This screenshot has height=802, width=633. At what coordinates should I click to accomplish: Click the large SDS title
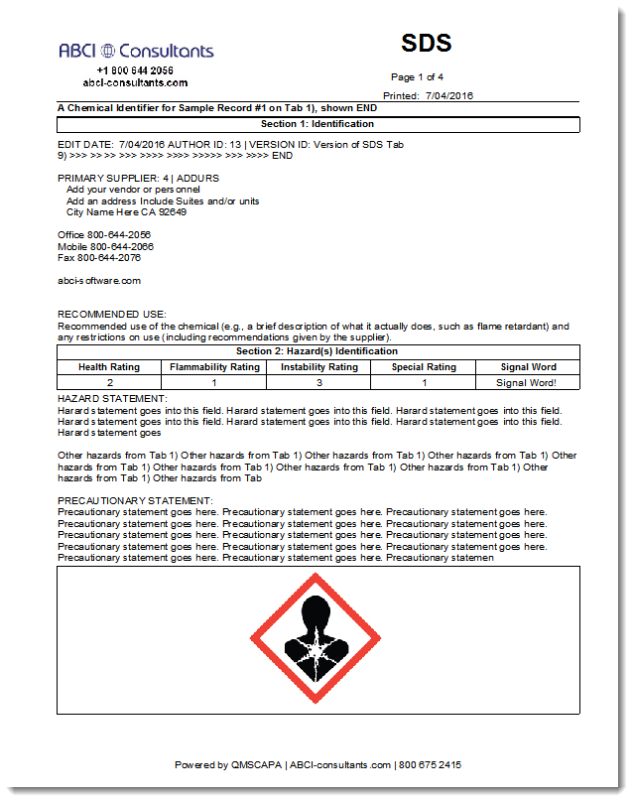coord(427,43)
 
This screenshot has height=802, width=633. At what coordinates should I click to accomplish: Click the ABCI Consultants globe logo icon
coord(108,51)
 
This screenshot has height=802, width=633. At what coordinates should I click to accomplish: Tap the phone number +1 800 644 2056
coord(135,70)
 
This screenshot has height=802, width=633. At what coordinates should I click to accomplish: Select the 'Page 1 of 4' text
coord(417,76)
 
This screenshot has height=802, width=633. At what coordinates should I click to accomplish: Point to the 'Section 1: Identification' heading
coord(317,124)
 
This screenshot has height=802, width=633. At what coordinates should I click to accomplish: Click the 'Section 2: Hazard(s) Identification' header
coord(317,351)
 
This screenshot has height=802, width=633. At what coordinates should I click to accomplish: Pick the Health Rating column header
coord(109,366)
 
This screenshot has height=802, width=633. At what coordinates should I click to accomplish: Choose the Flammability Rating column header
coord(214,366)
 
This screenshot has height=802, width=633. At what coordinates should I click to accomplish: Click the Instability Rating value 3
coord(318,381)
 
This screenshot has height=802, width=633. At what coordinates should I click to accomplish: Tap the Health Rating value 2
coord(109,381)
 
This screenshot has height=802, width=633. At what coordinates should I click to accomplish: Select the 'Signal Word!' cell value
coord(527,381)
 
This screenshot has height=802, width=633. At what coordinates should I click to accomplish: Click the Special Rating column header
coord(423,366)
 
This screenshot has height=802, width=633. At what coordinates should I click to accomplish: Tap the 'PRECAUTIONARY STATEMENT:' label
coord(135,501)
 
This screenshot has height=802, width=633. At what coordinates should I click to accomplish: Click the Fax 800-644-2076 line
coord(99,257)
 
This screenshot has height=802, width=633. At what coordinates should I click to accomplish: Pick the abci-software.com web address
coord(99,280)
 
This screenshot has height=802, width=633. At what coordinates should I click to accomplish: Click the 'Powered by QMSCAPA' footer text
coord(229,765)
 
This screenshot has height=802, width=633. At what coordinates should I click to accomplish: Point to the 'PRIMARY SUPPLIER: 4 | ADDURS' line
coord(139,178)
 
